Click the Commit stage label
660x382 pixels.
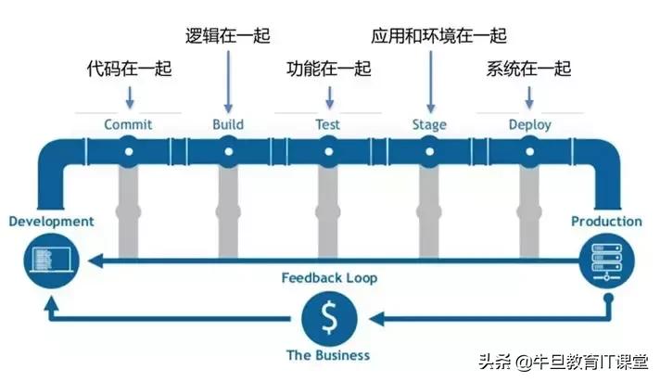tap(128, 124)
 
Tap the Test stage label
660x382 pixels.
tap(327, 124)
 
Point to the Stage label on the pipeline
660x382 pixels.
tap(428, 124)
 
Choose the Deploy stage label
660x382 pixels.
tap(529, 124)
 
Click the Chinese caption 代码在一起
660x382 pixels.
tap(129, 70)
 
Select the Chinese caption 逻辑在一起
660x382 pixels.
tap(228, 37)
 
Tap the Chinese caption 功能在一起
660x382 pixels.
tap(328, 70)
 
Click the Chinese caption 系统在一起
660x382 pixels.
tap(528, 70)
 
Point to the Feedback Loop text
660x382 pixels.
tap(328, 277)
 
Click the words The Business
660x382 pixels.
tap(328, 355)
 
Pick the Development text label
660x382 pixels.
tap(51, 222)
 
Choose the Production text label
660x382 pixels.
tap(605, 222)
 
